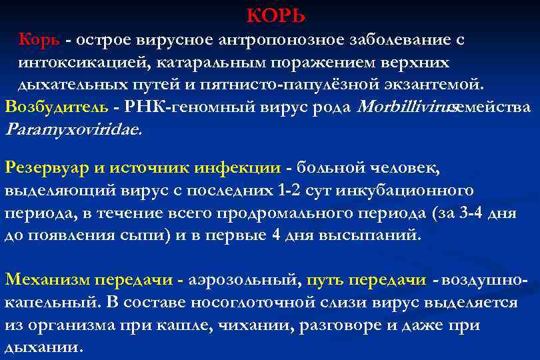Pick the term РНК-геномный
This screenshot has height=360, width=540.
click(176, 107)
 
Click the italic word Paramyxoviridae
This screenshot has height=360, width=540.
click(73, 129)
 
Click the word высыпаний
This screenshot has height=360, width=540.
click(370, 235)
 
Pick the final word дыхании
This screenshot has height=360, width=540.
click(43, 348)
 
